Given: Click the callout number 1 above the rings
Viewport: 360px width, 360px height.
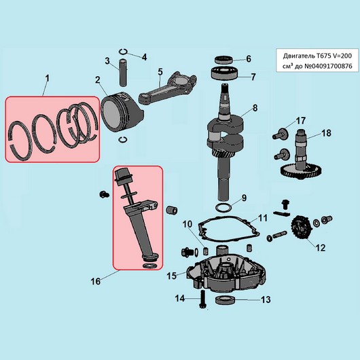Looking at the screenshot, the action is coord(47,79).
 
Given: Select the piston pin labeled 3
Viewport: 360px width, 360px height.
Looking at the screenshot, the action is coord(124,73).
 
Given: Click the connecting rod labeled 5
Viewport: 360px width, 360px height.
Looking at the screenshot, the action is coord(168,88).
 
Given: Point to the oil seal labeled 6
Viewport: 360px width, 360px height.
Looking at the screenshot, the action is coord(224,60).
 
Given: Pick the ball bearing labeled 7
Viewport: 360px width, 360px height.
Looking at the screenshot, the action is coord(224,73).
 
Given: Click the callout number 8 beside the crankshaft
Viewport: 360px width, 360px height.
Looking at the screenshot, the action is coord(255,108).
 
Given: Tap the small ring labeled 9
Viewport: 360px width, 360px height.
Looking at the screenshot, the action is coord(223,207).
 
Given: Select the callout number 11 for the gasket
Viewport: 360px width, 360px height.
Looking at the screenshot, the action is coord(262,218).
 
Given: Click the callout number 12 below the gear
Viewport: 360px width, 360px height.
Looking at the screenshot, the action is coord(321,248).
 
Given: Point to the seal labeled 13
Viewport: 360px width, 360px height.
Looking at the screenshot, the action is coord(226,300).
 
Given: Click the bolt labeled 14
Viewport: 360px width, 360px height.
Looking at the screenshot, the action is coord(202,299).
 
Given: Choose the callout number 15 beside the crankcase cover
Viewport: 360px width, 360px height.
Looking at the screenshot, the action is coord(171,276).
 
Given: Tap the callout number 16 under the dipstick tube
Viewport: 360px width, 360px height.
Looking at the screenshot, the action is coord(96,281).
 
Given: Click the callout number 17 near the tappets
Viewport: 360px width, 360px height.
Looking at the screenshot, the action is coord(301,120).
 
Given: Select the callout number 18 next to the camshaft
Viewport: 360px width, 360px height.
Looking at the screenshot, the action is coord(326,133).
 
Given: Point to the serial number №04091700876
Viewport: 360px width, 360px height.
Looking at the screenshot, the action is coord(328,66).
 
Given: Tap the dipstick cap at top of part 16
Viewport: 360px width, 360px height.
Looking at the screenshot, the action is coord(123,175).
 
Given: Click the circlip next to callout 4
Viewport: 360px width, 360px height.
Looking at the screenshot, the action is coord(124,52).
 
